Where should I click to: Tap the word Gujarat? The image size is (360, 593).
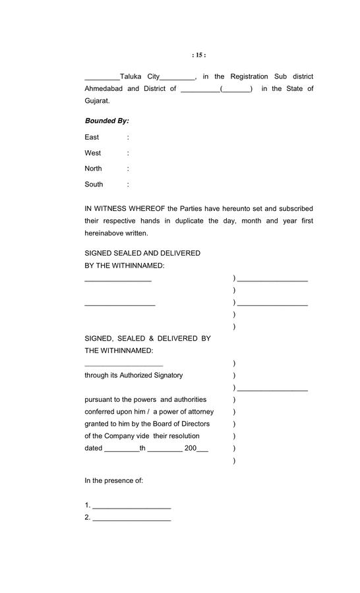tap(97, 101)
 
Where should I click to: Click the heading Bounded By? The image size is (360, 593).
tap(107, 121)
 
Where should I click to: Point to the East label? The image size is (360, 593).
tap(92, 137)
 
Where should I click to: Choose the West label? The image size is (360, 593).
tap(93, 153)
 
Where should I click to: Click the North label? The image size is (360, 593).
tap(94, 169)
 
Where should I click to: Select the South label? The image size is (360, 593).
tap(94, 184)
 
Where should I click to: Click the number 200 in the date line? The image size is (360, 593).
tap(191, 448)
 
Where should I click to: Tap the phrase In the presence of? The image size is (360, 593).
tap(114, 481)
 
